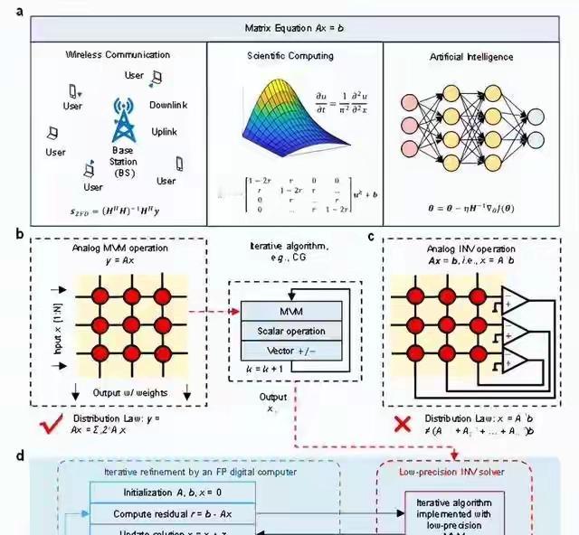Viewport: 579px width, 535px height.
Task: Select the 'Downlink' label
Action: [168, 106]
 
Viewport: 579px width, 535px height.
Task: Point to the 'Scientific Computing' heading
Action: [290, 56]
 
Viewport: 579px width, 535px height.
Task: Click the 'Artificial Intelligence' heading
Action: [472, 57]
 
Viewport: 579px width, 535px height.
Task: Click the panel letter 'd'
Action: [20, 455]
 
